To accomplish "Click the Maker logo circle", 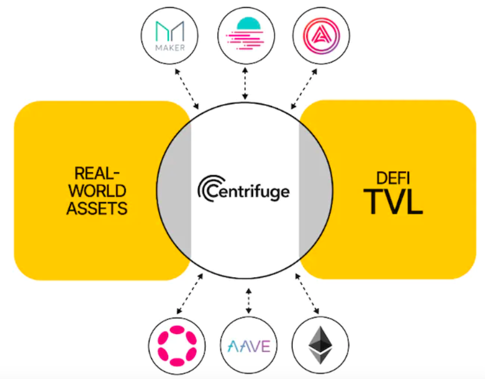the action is (170, 36).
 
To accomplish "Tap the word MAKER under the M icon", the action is (170, 47).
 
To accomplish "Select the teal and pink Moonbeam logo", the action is (246, 34).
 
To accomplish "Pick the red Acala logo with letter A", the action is (322, 36).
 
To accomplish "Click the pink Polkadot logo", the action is (177, 346).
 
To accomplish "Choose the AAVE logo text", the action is (249, 346).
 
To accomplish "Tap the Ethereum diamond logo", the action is (320, 345).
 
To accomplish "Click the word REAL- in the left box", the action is (97, 173).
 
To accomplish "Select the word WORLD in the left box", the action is (97, 190).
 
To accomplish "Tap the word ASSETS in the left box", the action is (97, 208).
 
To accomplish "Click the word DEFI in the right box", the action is (393, 178).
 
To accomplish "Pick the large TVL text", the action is (393, 202).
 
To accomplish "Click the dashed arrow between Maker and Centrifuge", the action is (187, 89).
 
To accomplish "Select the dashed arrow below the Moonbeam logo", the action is (245, 84).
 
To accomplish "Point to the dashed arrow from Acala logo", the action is (304, 89).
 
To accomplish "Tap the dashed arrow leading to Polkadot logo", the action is (189, 294).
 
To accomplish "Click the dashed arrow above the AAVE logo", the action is (248, 301).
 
